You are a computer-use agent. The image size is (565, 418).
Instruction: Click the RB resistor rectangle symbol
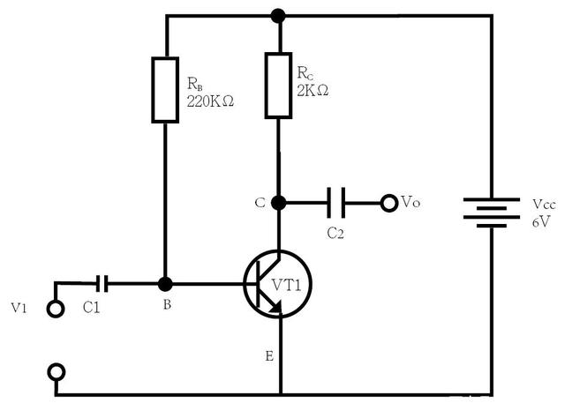(x=166, y=90)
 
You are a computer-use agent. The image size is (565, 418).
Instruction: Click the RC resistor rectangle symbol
(x=278, y=86)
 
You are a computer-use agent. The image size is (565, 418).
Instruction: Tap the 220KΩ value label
(x=209, y=101)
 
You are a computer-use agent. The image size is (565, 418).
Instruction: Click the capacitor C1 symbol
(x=103, y=283)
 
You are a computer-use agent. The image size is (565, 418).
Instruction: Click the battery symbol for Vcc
(x=491, y=212)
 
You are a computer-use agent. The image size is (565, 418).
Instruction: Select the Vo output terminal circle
(x=388, y=203)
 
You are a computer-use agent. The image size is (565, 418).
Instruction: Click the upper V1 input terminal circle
(x=56, y=309)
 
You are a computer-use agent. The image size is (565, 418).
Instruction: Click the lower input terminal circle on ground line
(x=56, y=371)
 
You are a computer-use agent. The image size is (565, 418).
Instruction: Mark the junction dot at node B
(x=164, y=284)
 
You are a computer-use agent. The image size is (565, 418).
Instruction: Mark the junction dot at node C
(x=279, y=203)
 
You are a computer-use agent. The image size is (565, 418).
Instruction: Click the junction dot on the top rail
(x=278, y=15)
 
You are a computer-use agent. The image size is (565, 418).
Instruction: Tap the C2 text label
(x=335, y=234)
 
